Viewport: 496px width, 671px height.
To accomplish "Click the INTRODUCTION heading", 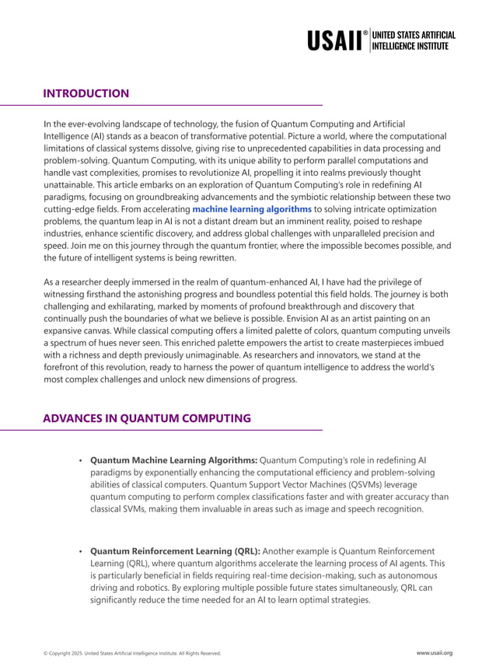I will point(86,93).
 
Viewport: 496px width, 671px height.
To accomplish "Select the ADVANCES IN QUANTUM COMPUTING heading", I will point(146,418).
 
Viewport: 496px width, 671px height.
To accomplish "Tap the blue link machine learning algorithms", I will point(252,209).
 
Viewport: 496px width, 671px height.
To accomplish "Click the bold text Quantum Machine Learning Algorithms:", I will point(173,460).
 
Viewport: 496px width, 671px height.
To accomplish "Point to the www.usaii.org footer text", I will point(434,653).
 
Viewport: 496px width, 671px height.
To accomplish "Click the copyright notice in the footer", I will point(131,653).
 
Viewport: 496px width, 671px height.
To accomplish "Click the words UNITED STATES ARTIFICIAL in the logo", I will point(414,35).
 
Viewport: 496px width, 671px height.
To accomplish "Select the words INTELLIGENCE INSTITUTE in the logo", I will point(410,46).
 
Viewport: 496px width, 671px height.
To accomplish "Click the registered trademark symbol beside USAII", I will point(365,33).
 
